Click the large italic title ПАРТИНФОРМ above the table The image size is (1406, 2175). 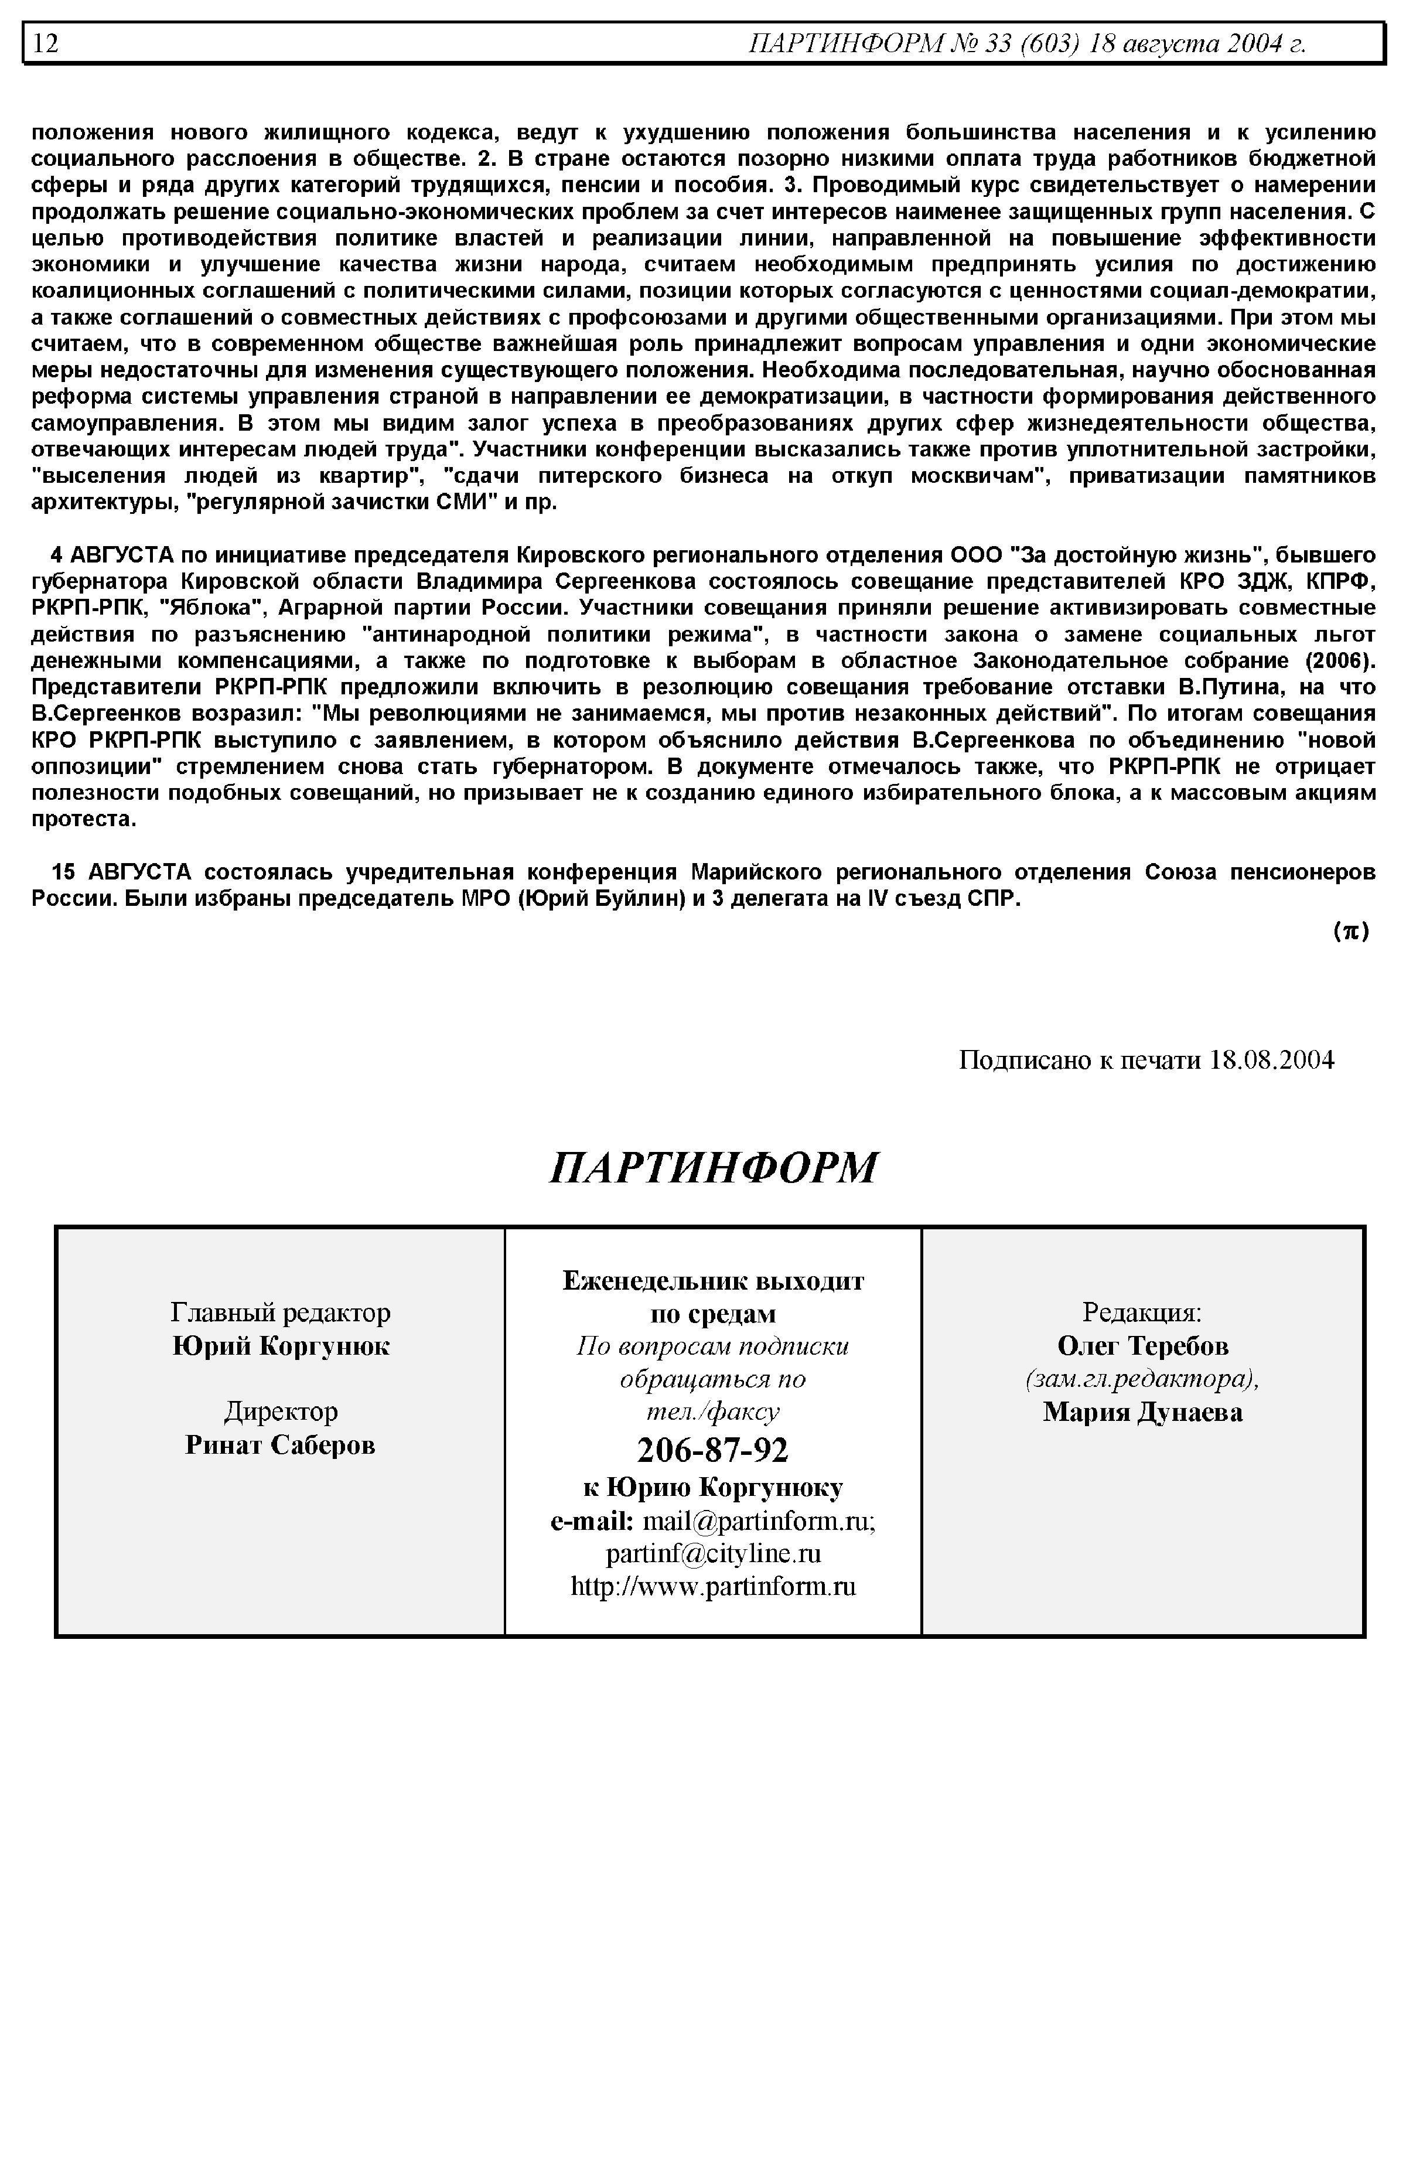coord(713,1168)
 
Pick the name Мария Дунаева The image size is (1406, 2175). coord(1142,1413)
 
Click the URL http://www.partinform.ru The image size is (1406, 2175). coord(713,1586)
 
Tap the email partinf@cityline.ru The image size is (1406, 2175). coord(713,1553)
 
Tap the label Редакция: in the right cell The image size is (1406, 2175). coord(1142,1313)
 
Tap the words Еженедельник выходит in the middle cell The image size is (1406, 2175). coord(713,1281)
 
